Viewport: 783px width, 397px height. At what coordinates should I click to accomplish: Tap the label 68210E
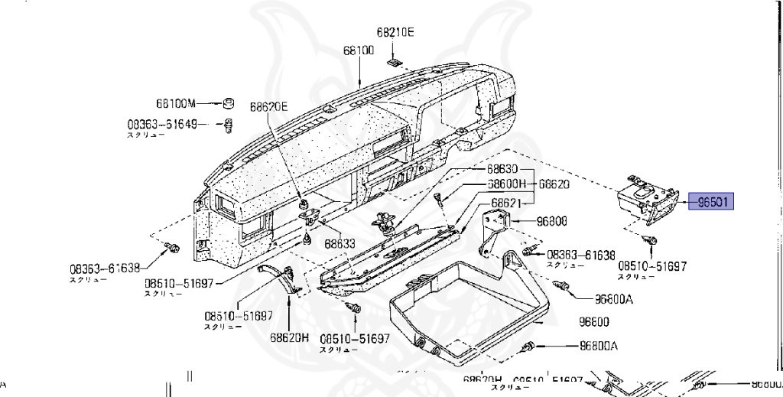click(x=395, y=33)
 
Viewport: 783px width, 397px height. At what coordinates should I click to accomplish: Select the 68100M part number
click(x=177, y=103)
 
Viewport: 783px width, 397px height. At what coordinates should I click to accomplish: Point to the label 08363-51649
click(x=162, y=123)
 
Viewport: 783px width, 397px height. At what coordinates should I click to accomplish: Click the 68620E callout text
click(x=268, y=107)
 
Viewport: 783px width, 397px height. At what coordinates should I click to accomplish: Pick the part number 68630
click(x=503, y=169)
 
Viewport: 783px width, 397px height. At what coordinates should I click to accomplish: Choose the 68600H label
click(x=508, y=184)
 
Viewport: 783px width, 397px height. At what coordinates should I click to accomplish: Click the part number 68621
click(x=505, y=203)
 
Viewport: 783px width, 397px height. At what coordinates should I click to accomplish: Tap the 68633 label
click(x=339, y=244)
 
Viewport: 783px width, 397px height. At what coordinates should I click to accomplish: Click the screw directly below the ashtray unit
click(x=652, y=240)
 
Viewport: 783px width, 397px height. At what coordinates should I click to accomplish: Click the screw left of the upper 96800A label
click(x=565, y=285)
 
